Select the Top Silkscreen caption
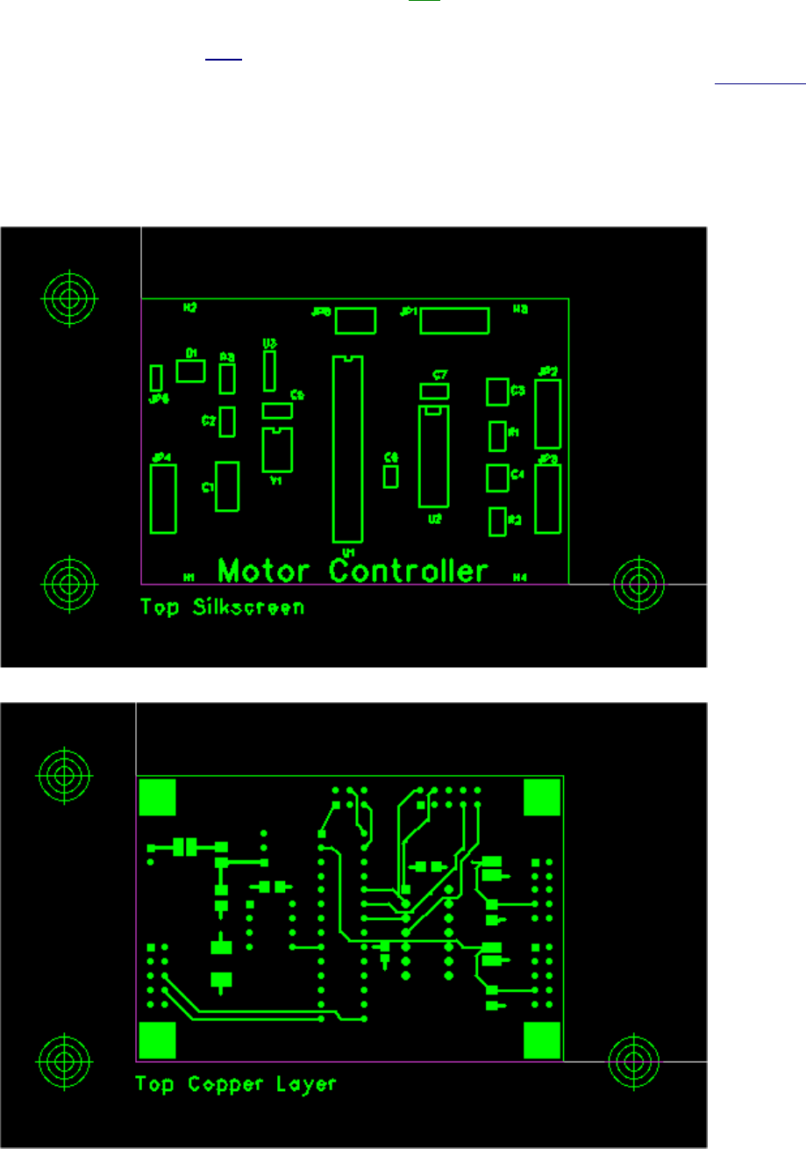coord(222,607)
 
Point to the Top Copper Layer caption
coord(235,1084)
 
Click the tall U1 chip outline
coord(346,449)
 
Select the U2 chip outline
coord(433,456)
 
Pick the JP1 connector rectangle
coord(454,320)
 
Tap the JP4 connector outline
coord(163,499)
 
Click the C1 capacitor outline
coord(227,485)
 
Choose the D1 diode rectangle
coord(190,371)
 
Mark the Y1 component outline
coord(277,450)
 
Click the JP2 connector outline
coord(547,414)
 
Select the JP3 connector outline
coord(547,499)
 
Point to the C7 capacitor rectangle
coord(434,391)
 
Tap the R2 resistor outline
coord(497,521)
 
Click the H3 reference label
coord(520,309)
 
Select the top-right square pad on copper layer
coord(542,797)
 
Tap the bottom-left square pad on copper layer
coord(158,1040)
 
